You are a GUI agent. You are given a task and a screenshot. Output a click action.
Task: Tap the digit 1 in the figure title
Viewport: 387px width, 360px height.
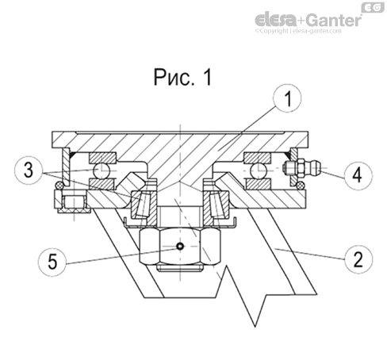(207, 77)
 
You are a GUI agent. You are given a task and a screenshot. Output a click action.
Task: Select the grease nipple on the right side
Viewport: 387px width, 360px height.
(300, 168)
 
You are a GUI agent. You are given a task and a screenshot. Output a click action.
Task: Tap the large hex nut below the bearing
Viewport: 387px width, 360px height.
(181, 247)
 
